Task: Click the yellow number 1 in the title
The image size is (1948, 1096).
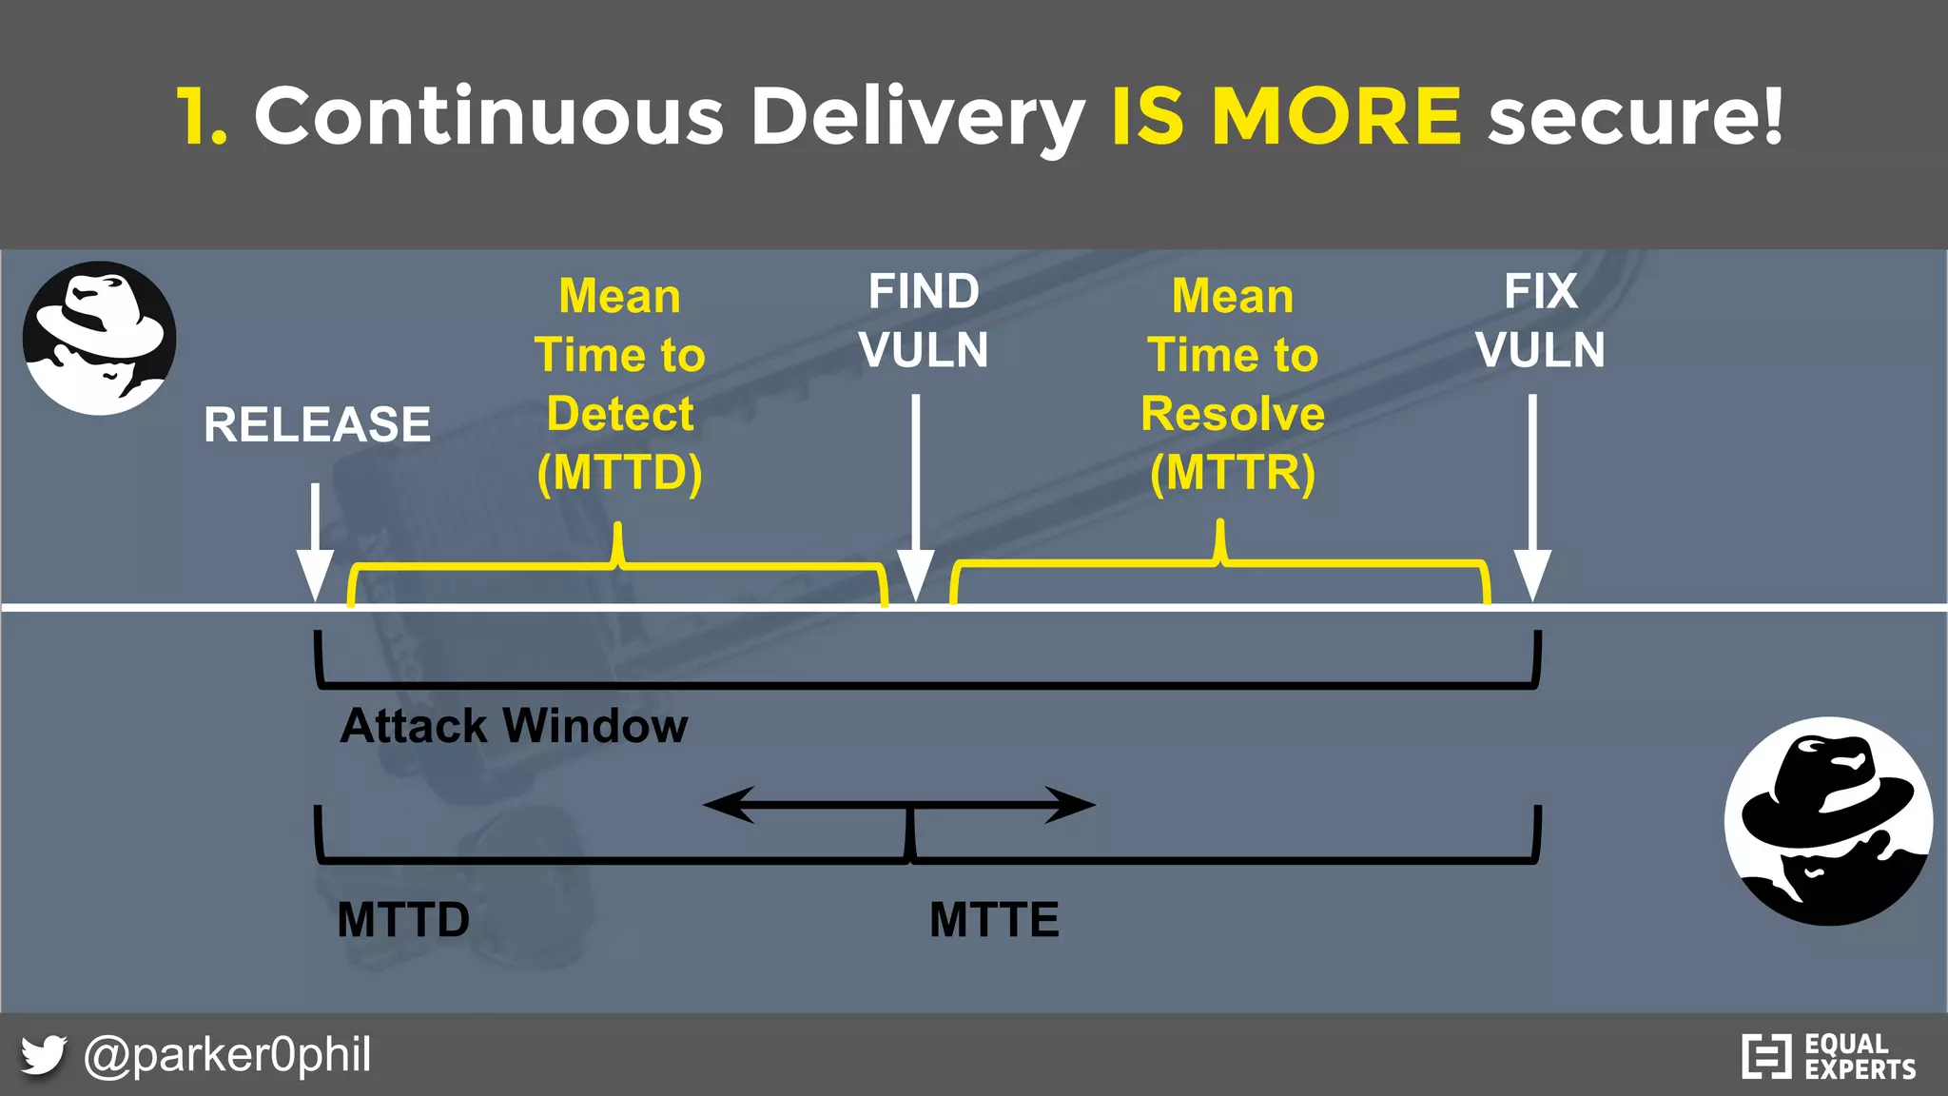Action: click(x=201, y=116)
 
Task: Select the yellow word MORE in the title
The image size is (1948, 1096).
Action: click(x=1335, y=116)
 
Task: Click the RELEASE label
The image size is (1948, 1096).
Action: click(x=317, y=424)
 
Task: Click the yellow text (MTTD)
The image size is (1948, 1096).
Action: click(x=619, y=473)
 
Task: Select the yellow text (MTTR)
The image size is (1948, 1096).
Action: click(x=1232, y=473)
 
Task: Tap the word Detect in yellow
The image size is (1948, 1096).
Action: click(x=620, y=414)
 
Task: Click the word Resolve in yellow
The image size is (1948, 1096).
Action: click(x=1232, y=414)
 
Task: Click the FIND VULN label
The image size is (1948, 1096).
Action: click(x=923, y=321)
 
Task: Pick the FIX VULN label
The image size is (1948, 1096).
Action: click(x=1540, y=321)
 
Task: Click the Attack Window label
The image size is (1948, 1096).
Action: click(x=514, y=726)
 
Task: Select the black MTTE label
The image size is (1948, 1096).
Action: click(x=994, y=920)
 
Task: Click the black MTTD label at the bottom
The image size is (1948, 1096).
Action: click(x=403, y=920)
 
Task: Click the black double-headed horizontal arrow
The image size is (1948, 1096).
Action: click(x=899, y=805)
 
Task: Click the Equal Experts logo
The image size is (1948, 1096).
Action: click(x=1828, y=1056)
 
